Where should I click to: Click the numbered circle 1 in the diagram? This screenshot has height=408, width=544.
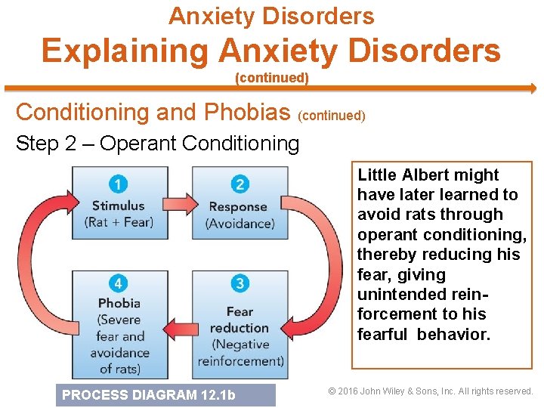tap(119, 184)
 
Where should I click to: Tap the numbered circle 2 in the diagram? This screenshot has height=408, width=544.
tap(240, 184)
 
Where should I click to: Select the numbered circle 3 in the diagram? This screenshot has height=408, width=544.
tap(240, 284)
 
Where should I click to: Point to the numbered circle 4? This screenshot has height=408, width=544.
tap(119, 284)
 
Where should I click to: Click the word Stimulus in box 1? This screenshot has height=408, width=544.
tap(118, 206)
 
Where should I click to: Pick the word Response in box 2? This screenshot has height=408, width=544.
tap(238, 206)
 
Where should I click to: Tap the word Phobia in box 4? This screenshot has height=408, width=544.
tap(119, 303)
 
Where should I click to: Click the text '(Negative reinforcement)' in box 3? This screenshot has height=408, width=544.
tap(240, 352)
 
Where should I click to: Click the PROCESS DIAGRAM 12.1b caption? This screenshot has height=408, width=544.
tap(149, 394)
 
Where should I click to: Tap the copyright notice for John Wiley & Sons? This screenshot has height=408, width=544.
tap(431, 391)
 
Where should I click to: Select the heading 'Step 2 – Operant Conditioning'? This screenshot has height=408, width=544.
tap(157, 144)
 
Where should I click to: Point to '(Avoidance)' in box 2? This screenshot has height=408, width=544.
tap(240, 223)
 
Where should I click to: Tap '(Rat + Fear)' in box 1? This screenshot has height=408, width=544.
tap(119, 222)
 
